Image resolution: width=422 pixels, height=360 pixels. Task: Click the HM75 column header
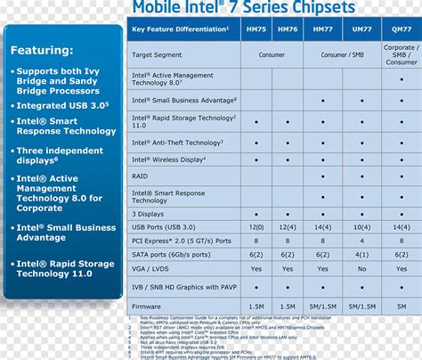pos(256,29)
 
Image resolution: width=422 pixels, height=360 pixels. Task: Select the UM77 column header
pos(361,29)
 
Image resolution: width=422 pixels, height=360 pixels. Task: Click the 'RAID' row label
pos(141,176)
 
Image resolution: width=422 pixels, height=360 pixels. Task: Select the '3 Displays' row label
pos(149,214)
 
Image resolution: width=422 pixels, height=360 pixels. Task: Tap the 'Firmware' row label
pos(148,306)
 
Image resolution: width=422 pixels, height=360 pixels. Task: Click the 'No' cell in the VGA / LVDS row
pos(361,267)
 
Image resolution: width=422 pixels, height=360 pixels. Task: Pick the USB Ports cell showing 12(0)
pos(288,228)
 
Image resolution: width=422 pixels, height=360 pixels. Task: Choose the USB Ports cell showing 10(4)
pos(361,228)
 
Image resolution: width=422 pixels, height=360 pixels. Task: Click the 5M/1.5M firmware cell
pos(361,306)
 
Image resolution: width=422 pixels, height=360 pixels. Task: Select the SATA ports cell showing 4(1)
pos(361,254)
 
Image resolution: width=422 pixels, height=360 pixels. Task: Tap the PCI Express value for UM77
pos(361,241)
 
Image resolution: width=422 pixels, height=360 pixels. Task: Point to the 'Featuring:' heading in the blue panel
pos(43,50)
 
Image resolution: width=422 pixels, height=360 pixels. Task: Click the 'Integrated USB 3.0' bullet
pos(62,105)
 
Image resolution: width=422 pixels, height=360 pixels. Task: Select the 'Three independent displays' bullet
pos(65,156)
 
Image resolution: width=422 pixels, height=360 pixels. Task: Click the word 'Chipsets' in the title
pos(311,8)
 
